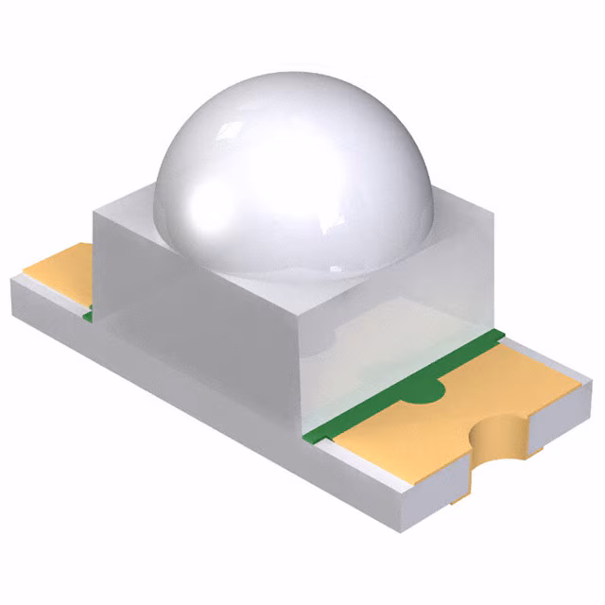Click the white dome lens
point(293,180)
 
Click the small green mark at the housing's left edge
point(87,315)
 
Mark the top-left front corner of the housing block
point(94,214)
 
